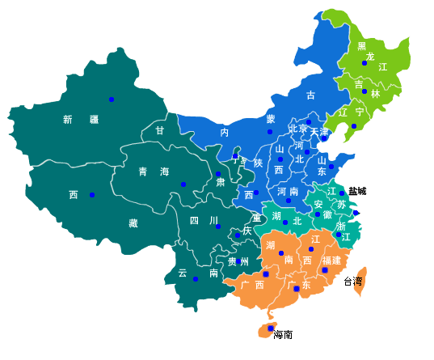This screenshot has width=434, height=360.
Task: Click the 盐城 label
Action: pyautogui.click(x=357, y=191)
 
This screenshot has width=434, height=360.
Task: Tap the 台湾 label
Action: pyautogui.click(x=353, y=282)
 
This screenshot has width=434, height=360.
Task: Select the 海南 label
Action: pyautogui.click(x=283, y=335)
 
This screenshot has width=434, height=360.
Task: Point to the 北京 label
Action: pyautogui.click(x=298, y=129)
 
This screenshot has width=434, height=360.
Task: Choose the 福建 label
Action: pyautogui.click(x=331, y=260)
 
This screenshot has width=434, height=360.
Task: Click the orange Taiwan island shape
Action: pyautogui.click(x=361, y=275)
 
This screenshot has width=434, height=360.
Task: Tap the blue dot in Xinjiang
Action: pyautogui.click(x=112, y=100)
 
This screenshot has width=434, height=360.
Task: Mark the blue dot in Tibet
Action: pyautogui.click(x=92, y=195)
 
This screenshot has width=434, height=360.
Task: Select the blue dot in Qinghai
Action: pyautogui.click(x=183, y=184)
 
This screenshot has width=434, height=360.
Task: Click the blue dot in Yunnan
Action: pyautogui.click(x=196, y=279)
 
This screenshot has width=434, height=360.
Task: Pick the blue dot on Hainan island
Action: pyautogui.click(x=270, y=328)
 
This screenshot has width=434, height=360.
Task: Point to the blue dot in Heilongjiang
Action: pyautogui.click(x=364, y=62)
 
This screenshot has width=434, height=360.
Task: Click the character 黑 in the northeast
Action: pyautogui.click(x=361, y=46)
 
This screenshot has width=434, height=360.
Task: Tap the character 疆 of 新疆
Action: pyautogui.click(x=94, y=120)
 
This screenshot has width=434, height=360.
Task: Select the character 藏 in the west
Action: pyautogui.click(x=133, y=222)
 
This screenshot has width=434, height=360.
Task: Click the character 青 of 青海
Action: pyautogui.click(x=143, y=172)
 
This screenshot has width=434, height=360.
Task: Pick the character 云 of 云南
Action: pyautogui.click(x=183, y=273)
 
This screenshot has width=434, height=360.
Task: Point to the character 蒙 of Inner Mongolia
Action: pyautogui.click(x=271, y=119)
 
